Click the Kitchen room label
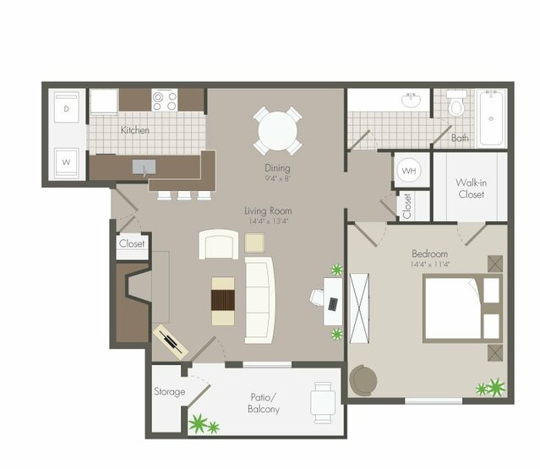134,130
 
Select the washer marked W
67,159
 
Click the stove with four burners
165,101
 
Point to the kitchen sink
140,166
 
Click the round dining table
278,131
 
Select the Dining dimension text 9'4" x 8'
277,178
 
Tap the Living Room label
269,210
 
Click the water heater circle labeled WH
410,171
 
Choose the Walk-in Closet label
470,188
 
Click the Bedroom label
429,254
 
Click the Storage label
169,392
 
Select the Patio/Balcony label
265,402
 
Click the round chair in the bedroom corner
363,379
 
